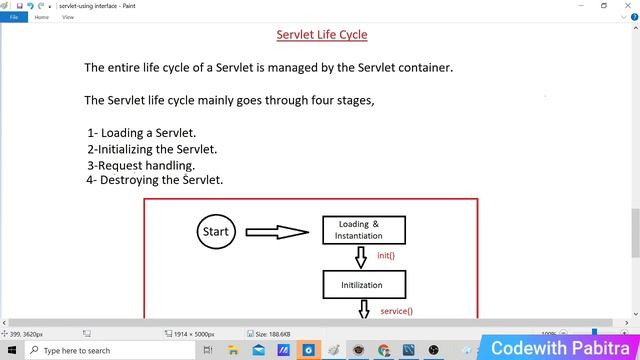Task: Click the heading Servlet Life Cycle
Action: (x=322, y=35)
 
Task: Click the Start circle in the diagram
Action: (x=215, y=231)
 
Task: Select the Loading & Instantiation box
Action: (x=364, y=230)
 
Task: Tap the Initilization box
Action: (x=364, y=285)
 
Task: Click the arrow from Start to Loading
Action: (x=277, y=232)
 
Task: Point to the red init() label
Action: (x=385, y=255)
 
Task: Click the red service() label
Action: (x=396, y=311)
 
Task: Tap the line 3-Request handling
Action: (x=140, y=165)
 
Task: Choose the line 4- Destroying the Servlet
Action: (x=154, y=180)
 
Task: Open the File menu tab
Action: (x=14, y=17)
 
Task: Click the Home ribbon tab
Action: (x=42, y=17)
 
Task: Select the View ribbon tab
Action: (x=68, y=17)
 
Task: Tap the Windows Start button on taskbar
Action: (x=12, y=351)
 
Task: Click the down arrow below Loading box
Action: (x=361, y=257)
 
